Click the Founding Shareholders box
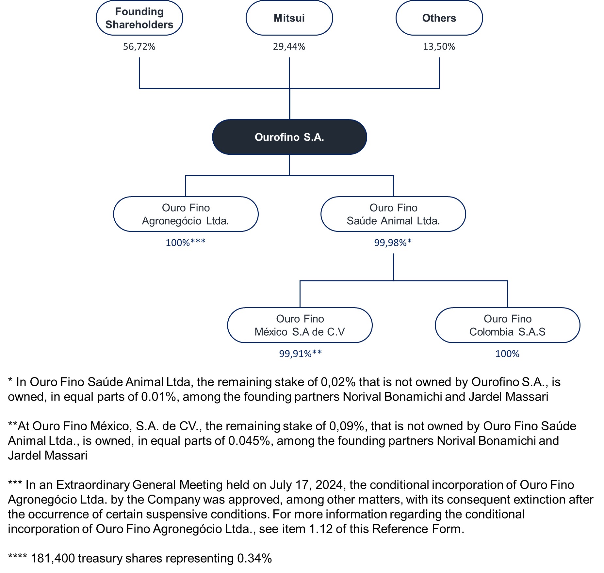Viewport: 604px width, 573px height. pyautogui.click(x=139, y=18)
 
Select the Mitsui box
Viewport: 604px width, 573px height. pyautogui.click(x=289, y=18)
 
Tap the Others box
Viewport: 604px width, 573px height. pyautogui.click(x=439, y=18)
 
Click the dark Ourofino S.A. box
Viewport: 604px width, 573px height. pyautogui.click(x=289, y=137)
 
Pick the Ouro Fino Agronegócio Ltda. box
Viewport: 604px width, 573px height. pyautogui.click(x=186, y=214)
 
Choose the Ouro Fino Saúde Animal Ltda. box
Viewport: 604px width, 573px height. pyautogui.click(x=393, y=214)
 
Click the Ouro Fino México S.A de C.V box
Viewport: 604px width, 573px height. pyautogui.click(x=300, y=325)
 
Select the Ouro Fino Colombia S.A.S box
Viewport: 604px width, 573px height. pyautogui.click(x=508, y=325)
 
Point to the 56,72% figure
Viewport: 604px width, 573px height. pyautogui.click(x=139, y=47)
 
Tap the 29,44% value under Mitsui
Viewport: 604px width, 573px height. pyautogui.click(x=289, y=47)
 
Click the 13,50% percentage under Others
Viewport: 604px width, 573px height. pyautogui.click(x=439, y=47)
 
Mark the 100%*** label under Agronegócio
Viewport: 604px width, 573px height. pyautogui.click(x=186, y=243)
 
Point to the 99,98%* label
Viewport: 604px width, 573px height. pyautogui.click(x=393, y=243)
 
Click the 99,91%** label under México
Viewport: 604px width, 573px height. pyautogui.click(x=300, y=354)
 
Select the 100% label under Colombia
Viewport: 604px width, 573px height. pyautogui.click(x=507, y=354)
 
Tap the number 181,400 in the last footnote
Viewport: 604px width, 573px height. pyautogui.click(x=53, y=558)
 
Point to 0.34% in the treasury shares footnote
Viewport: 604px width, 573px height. pyautogui.click(x=254, y=558)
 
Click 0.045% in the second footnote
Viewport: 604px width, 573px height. pyautogui.click(x=249, y=441)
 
